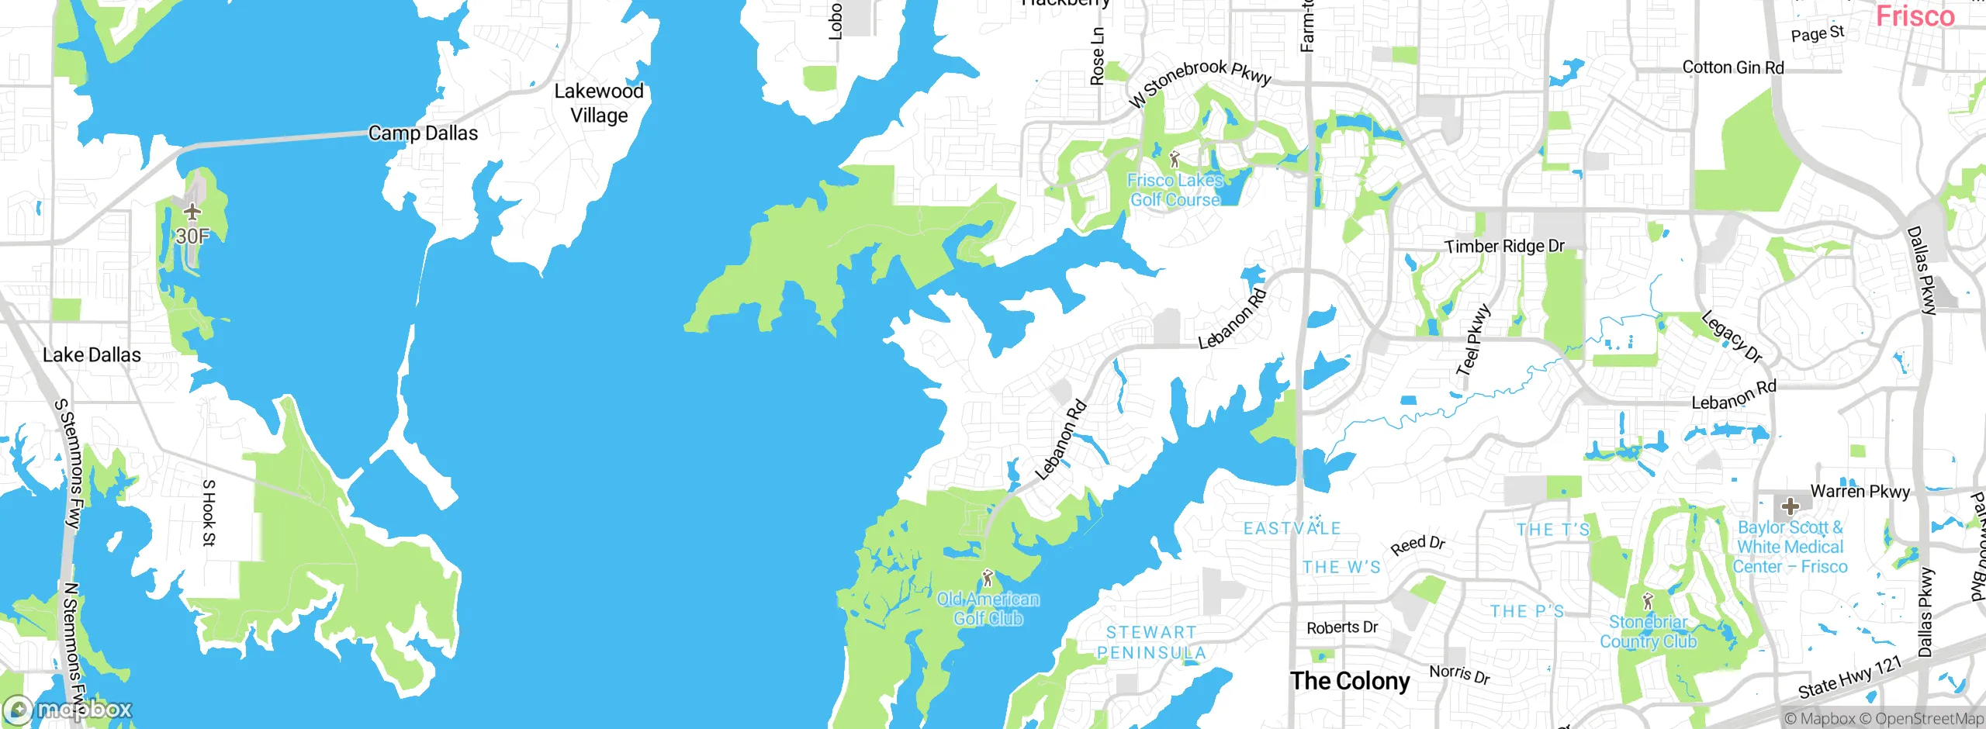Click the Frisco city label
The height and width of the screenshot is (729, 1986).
click(1915, 16)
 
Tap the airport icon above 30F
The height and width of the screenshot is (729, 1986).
click(192, 212)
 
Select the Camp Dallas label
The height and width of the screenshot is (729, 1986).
click(423, 133)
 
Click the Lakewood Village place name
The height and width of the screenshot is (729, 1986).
click(599, 103)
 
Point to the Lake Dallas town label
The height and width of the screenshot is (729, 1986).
click(92, 355)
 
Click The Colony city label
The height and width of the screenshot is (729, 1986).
click(1350, 681)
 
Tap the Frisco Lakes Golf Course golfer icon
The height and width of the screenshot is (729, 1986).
click(1175, 160)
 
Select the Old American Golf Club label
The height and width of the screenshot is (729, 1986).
click(988, 609)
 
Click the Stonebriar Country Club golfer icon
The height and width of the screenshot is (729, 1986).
click(1649, 601)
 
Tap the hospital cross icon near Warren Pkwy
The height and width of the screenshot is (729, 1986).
click(1790, 507)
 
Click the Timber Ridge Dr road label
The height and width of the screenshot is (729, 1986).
click(1504, 247)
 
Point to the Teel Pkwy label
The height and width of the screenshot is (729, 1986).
click(1473, 340)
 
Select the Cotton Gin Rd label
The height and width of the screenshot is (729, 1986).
click(1733, 67)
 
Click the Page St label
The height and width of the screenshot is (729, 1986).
click(1817, 33)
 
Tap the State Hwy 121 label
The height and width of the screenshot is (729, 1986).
click(1850, 677)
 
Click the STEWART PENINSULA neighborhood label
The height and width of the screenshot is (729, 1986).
click(1151, 643)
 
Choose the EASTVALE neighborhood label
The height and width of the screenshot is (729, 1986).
click(1292, 529)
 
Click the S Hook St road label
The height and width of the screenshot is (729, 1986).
click(209, 513)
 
